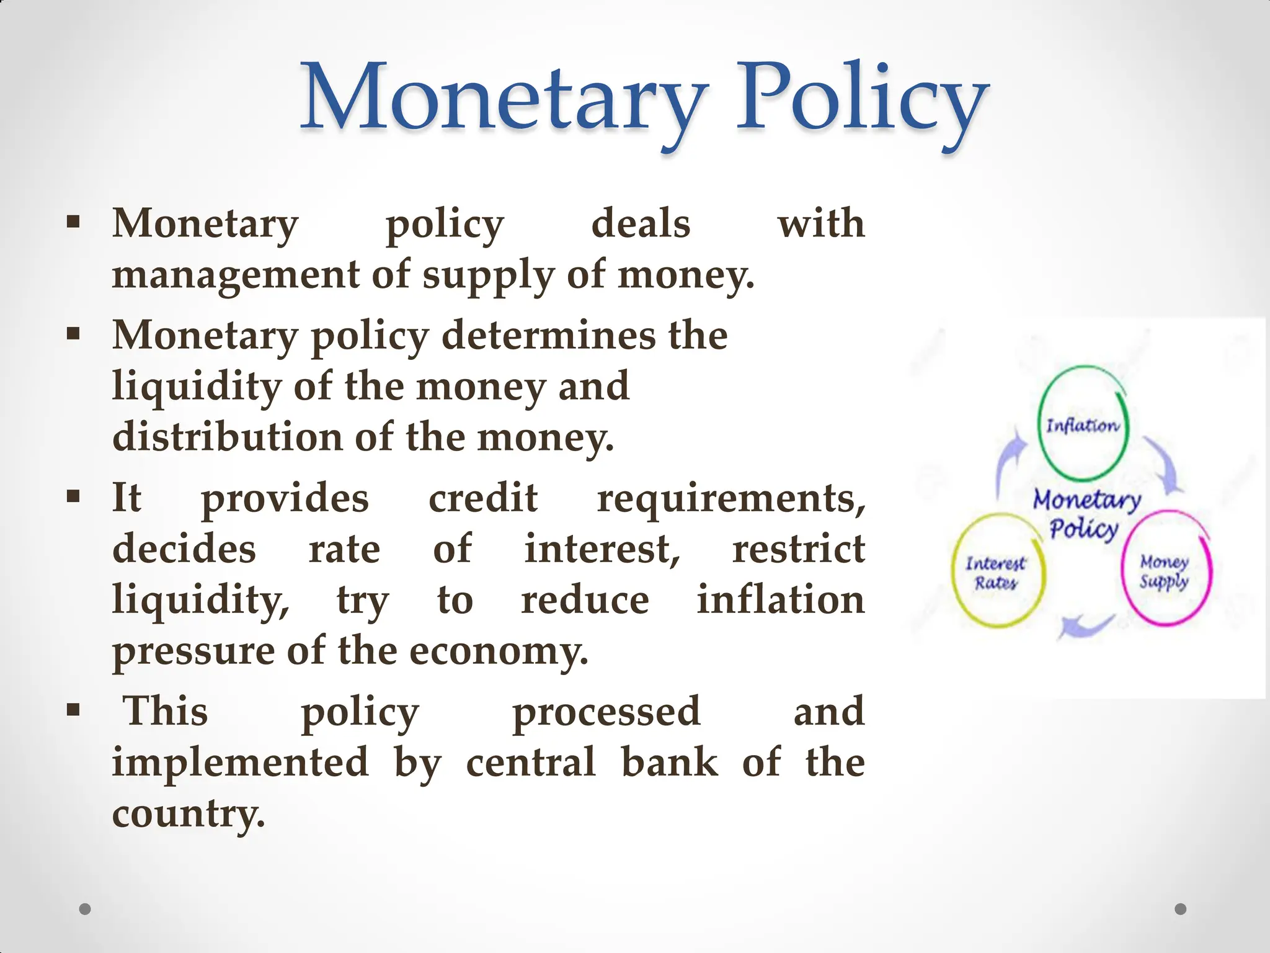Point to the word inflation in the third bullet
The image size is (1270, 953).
click(781, 600)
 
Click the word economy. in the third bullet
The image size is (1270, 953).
click(499, 651)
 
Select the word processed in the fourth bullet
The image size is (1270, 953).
click(606, 712)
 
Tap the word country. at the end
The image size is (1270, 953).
click(189, 813)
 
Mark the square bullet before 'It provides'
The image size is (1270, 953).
click(74, 496)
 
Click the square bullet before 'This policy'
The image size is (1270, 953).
click(74, 709)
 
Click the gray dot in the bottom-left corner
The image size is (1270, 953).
click(85, 910)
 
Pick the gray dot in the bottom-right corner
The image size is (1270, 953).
click(1181, 910)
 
